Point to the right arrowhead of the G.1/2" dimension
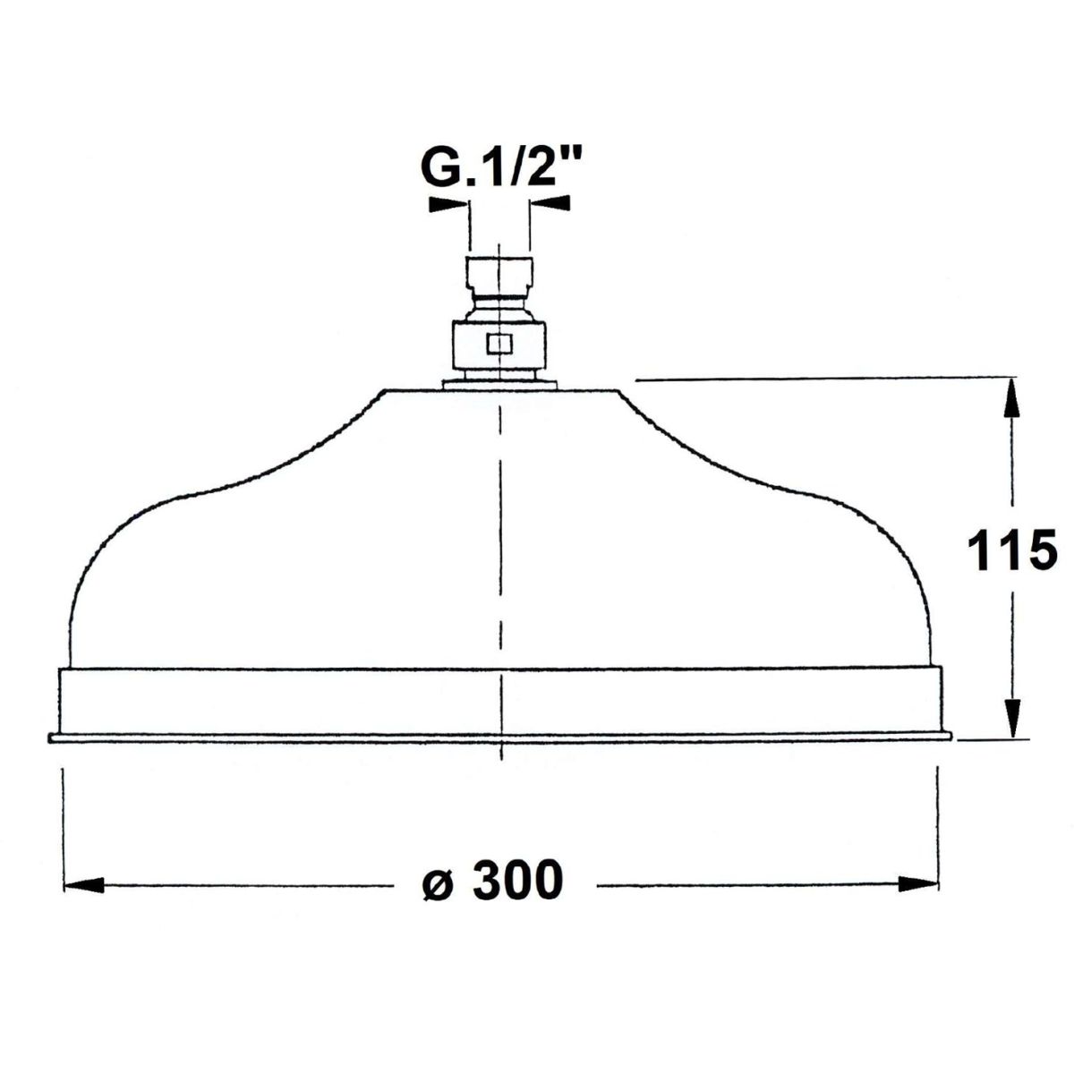pos(550,203)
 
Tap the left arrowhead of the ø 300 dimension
pos(84,885)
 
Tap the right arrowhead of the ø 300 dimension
pos(918,884)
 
